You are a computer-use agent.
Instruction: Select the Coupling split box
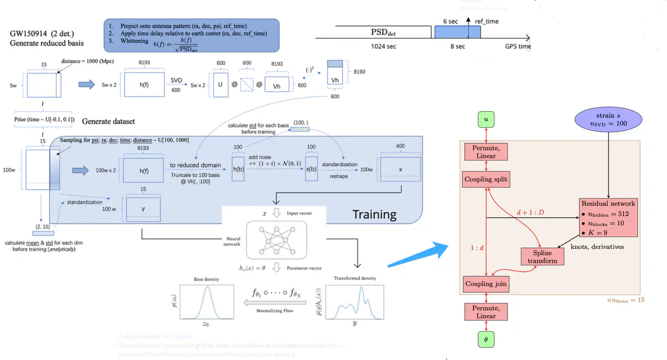tap(486, 179)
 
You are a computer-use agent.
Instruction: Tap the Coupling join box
tap(486, 284)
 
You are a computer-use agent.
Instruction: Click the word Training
tap(375, 214)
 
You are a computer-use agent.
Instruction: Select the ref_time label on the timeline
tap(486, 21)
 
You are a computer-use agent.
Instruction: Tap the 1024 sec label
tap(384, 46)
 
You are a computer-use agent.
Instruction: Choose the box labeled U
tap(220, 85)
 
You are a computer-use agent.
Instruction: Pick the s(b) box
tap(311, 168)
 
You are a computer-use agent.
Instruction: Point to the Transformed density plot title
tap(355, 278)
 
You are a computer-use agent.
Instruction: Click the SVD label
tap(176, 81)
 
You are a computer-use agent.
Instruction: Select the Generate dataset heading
tap(108, 121)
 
